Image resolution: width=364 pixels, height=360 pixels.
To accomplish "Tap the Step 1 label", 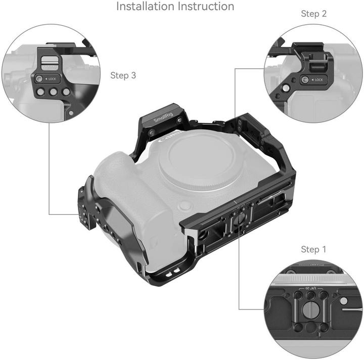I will pyautogui.click(x=317, y=249).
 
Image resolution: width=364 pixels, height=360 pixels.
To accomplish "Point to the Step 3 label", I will pyautogui.click(x=123, y=75).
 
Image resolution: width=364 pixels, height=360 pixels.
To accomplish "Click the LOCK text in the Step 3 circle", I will pyautogui.click(x=52, y=79).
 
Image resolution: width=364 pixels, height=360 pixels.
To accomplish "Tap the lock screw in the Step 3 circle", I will pyautogui.click(x=39, y=79).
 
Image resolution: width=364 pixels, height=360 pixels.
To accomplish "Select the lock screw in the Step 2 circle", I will pyautogui.click(x=305, y=80).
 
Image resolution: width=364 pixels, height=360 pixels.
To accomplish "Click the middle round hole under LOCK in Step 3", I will pyautogui.click(x=53, y=93).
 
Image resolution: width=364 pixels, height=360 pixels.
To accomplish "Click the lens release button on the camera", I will pyautogui.click(x=186, y=206).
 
